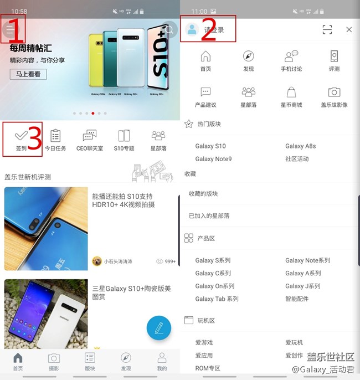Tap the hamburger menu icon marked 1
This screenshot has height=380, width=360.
[x=10, y=29]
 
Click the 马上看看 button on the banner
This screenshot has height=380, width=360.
[x=28, y=74]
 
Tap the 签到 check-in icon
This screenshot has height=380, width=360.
[x=21, y=135]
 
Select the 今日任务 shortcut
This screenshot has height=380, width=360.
[x=55, y=140]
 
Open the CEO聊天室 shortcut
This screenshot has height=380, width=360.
[x=90, y=140]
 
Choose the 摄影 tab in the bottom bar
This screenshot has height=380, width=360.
[x=54, y=361]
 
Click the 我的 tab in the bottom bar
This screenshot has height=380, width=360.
[x=162, y=361]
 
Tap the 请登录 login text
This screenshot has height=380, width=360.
[x=214, y=30]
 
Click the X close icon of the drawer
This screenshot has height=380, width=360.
[x=349, y=30]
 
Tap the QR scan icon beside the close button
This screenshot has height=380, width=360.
[x=327, y=30]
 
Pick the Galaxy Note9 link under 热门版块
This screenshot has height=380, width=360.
[x=213, y=159]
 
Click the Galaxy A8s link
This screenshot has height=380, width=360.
[x=300, y=146]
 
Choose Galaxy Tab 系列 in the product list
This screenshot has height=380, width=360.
[x=217, y=299]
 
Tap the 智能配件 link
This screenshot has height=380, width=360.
[x=298, y=299]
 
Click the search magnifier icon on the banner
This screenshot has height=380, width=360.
[x=169, y=29]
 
